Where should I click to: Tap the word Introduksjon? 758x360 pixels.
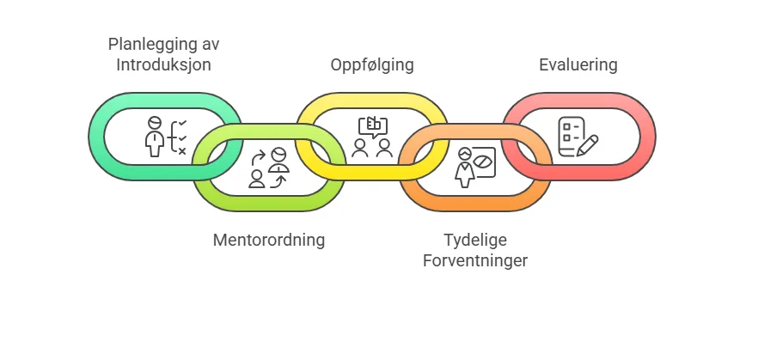point(163,64)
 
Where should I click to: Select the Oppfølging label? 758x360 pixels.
point(372,65)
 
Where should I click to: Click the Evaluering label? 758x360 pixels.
point(578,64)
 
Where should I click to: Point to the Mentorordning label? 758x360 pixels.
point(269,240)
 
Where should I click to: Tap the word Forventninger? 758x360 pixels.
point(475,261)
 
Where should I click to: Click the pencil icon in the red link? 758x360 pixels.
point(587,145)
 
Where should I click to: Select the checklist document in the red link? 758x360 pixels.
point(571,137)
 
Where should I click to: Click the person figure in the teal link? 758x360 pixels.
point(154,137)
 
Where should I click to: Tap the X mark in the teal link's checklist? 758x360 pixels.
point(182,152)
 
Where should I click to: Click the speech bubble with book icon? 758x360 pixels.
point(372,127)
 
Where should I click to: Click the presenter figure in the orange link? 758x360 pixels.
point(465,168)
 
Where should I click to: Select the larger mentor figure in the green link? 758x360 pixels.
point(279,160)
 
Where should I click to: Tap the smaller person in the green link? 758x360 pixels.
point(257,179)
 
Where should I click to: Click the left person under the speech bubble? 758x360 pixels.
point(360,148)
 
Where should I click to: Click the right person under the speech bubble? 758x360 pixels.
point(384,148)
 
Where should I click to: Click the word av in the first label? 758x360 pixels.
point(210,45)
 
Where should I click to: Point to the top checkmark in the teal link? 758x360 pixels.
point(182,123)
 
